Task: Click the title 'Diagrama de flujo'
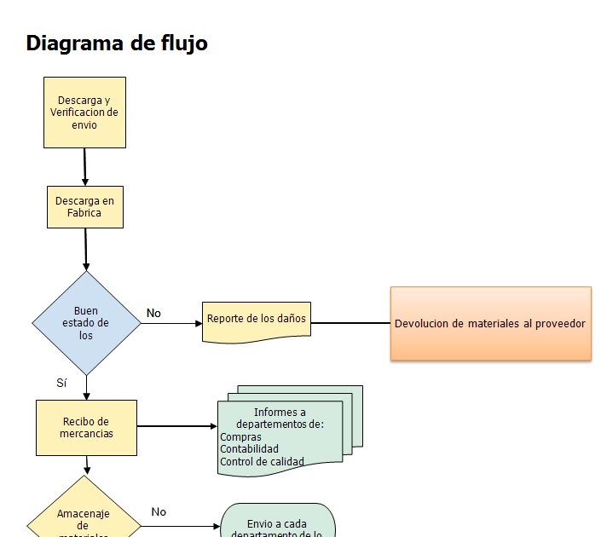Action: tap(117, 43)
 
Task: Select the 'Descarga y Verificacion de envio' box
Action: tap(84, 113)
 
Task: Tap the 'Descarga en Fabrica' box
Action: tap(84, 207)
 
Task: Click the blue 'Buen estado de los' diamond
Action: tap(86, 323)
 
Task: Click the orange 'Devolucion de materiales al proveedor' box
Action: tap(490, 324)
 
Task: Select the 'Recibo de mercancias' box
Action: tap(86, 427)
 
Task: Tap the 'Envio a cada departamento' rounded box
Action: tap(278, 523)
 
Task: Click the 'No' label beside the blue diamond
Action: tap(153, 314)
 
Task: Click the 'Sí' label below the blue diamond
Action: tap(61, 384)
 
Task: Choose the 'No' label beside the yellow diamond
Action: tap(159, 512)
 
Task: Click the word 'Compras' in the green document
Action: tap(240, 437)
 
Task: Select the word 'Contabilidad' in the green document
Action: tap(249, 449)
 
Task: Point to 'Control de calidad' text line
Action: tap(262, 462)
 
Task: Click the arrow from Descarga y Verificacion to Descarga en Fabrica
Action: tap(85, 166)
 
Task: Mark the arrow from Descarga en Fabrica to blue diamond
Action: tap(86, 249)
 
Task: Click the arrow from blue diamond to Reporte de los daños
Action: tap(170, 324)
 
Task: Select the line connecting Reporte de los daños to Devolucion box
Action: tap(350, 324)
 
